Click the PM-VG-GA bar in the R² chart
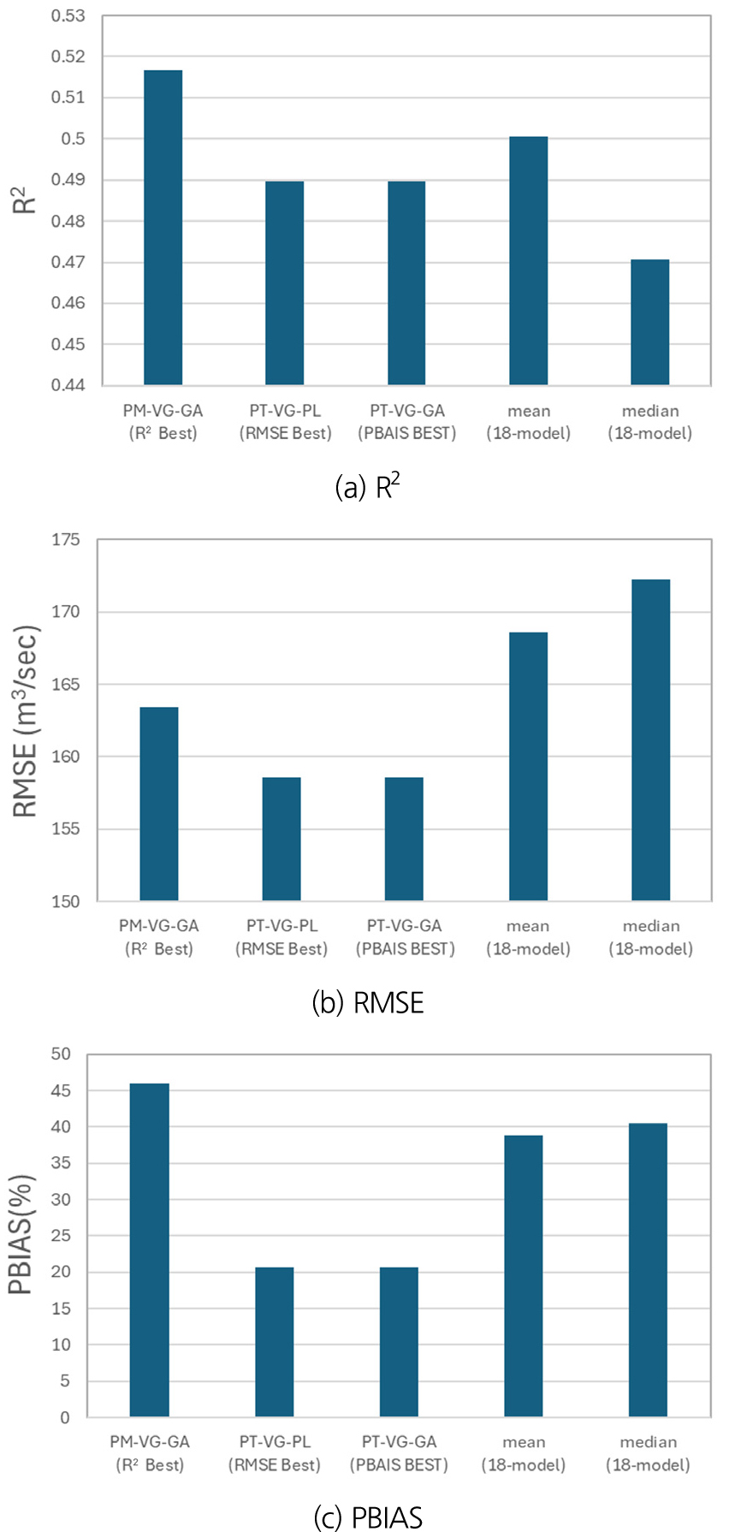point(163,227)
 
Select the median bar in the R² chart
point(649,322)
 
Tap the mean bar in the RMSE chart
point(528,766)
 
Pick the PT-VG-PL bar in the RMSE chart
point(282,839)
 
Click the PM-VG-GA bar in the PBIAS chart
point(150,1250)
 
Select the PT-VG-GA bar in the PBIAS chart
point(399,1341)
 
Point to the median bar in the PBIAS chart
point(648,1270)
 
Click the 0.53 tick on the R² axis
point(68,15)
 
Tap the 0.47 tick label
point(68,262)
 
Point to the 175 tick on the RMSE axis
point(65,540)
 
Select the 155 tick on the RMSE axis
point(65,828)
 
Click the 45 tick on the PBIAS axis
point(60,1090)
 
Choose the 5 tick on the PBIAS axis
point(65,1381)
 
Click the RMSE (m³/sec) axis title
point(27,721)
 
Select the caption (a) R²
point(368,487)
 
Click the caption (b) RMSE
point(368,1002)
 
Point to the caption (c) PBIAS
point(368,1517)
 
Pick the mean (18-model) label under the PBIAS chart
point(524,1453)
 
